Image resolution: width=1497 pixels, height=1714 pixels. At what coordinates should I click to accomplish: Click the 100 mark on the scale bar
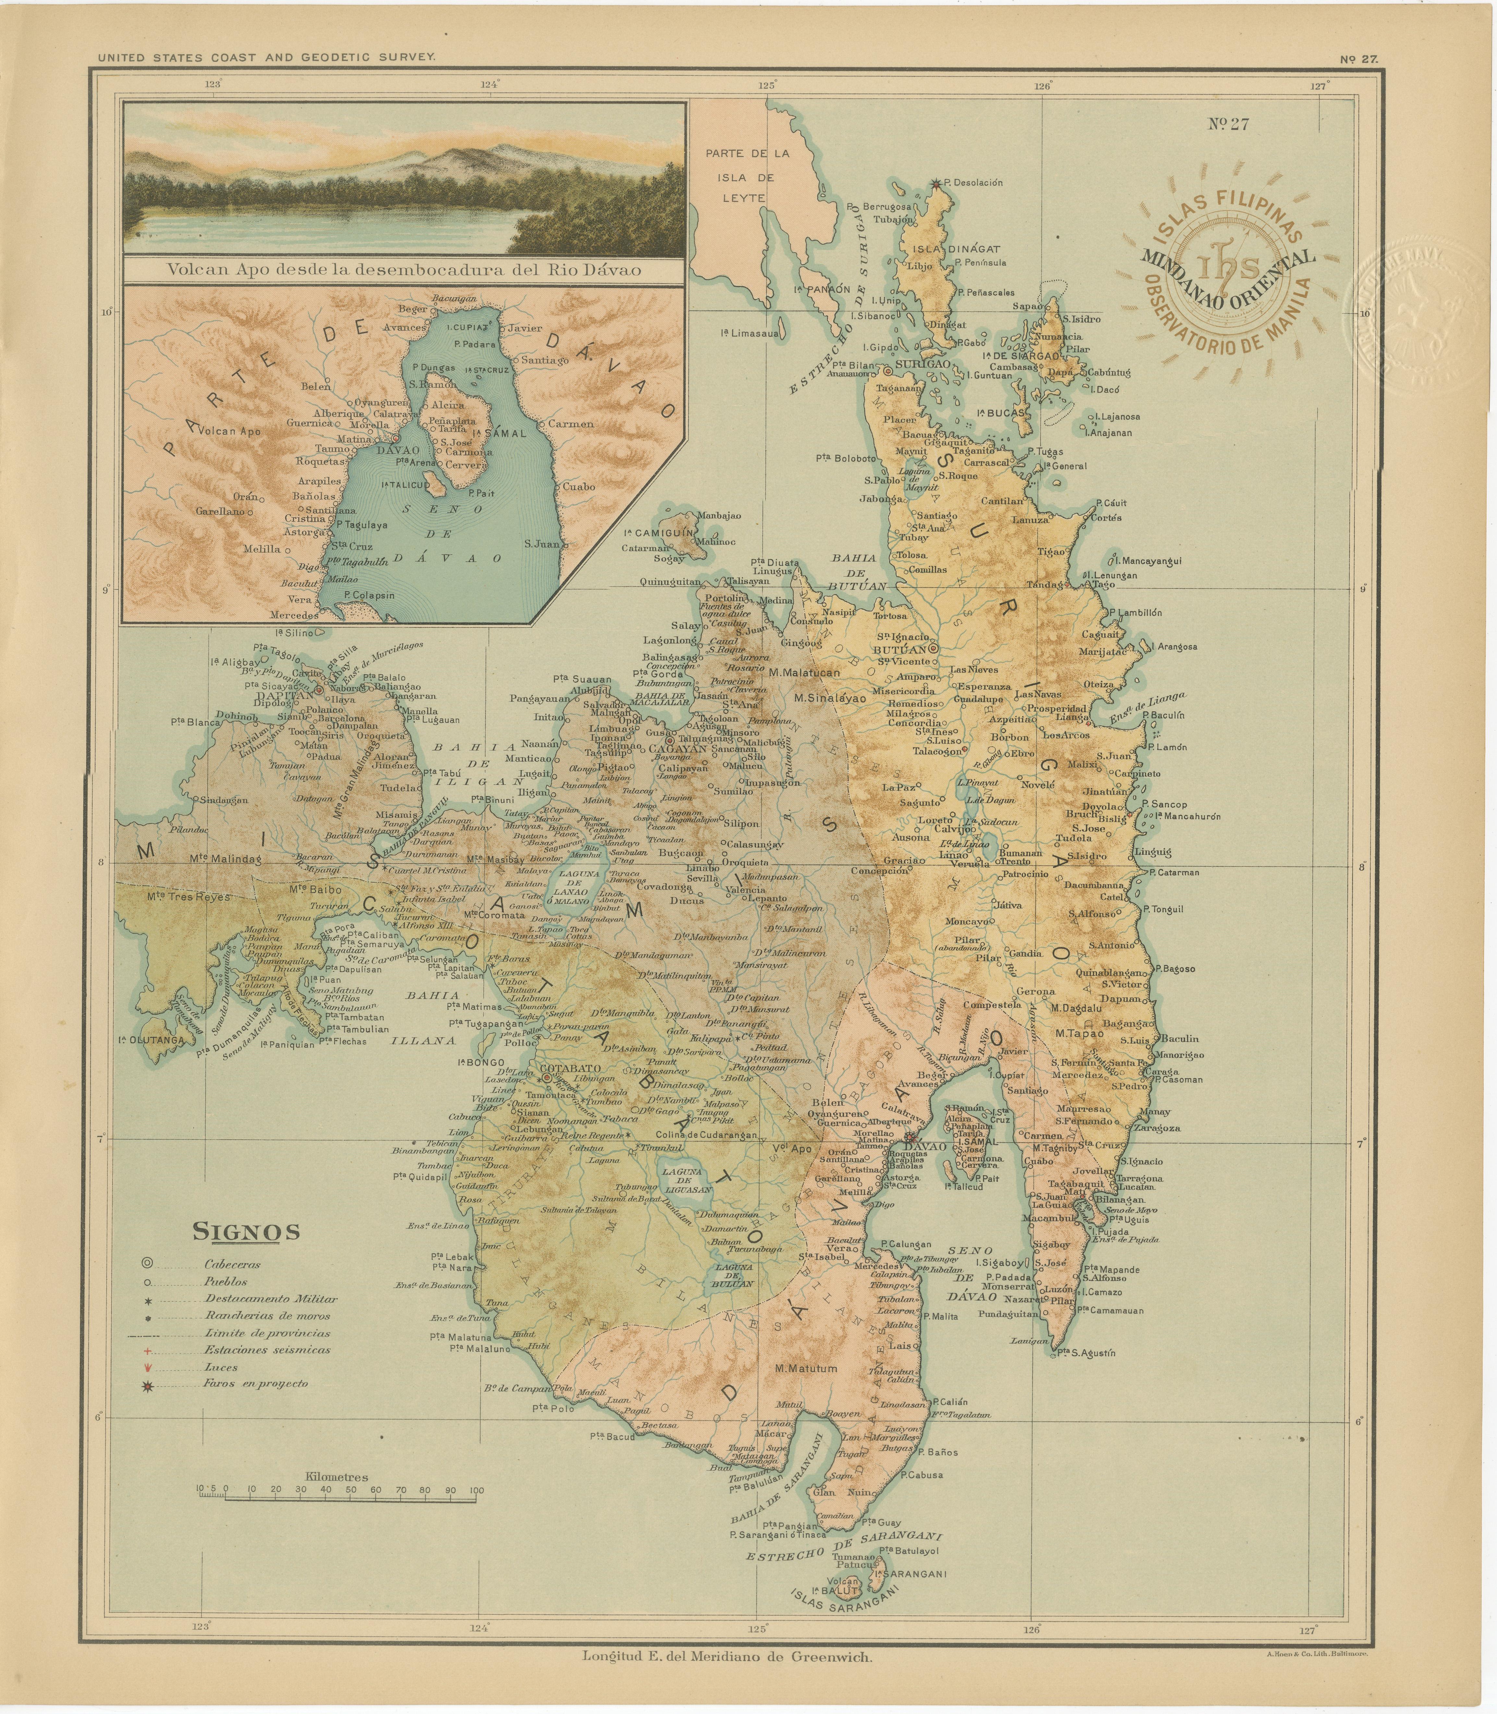pos(476,1490)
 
